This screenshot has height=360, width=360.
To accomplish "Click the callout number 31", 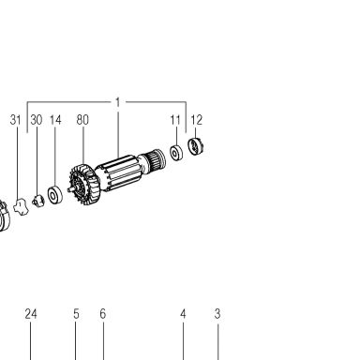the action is point(16,120).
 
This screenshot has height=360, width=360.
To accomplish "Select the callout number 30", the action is point(37,120).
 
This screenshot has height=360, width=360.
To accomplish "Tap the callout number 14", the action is point(55,120).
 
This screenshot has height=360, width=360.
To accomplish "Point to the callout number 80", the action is point(82,120).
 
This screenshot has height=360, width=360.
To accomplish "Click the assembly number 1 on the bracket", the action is point(118,102).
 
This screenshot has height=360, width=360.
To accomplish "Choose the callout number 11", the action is point(175,120).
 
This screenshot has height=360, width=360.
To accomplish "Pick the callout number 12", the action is point(197,120).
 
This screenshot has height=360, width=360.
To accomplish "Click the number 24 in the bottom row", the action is point(31,314).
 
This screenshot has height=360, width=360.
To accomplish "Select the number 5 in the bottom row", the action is point(76,314).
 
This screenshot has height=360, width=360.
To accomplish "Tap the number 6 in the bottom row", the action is point(103,314).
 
